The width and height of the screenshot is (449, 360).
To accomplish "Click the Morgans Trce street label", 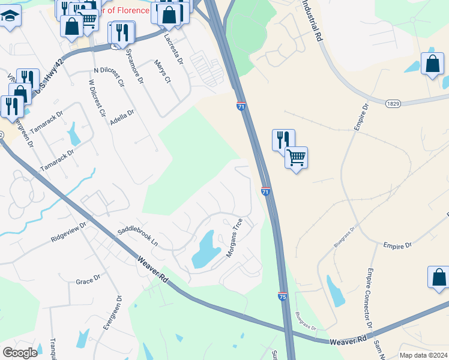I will (234, 238).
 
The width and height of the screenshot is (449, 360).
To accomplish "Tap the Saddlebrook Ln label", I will (137, 237).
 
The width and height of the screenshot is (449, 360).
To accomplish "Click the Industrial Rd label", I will (310, 20).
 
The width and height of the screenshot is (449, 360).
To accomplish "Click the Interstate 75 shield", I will (283, 296).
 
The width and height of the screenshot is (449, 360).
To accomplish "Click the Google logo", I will (20, 352).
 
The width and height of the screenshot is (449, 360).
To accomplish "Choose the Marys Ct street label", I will (163, 71).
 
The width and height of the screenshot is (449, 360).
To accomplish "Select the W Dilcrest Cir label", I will (97, 98).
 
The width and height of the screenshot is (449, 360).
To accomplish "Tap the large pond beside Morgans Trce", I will (206, 249).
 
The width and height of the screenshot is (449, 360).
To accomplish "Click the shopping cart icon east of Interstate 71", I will (296, 158).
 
